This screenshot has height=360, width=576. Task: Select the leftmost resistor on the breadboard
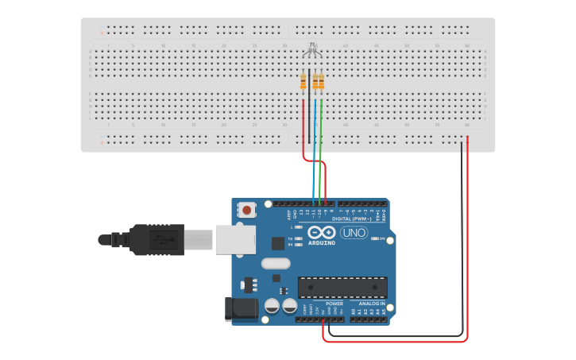tap(303, 81)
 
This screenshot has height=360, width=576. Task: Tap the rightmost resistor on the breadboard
tap(321, 81)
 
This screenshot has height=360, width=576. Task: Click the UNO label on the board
tap(354, 233)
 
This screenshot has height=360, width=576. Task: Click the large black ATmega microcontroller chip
tap(342, 287)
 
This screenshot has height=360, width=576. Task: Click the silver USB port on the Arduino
tap(235, 238)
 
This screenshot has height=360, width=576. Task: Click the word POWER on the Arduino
tap(334, 304)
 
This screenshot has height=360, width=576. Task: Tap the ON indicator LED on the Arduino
tap(374, 238)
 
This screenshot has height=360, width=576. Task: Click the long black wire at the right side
tap(462, 238)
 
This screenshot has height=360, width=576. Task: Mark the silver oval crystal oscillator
tap(275, 263)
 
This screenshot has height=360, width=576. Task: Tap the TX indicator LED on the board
tap(299, 238)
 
